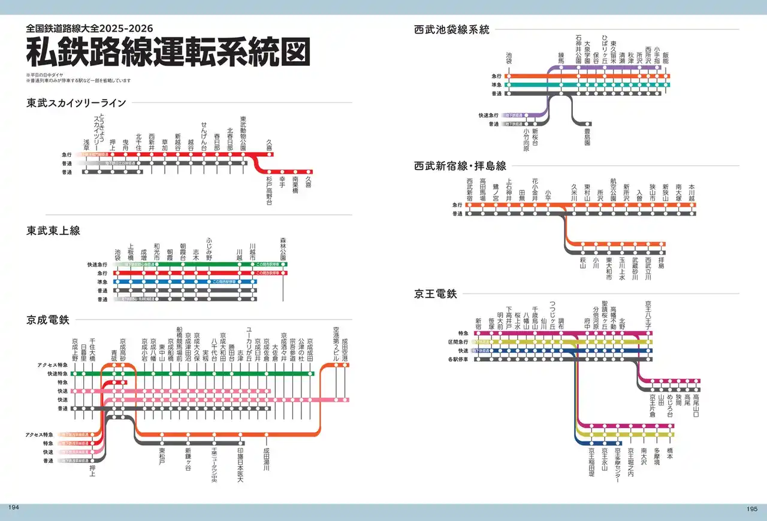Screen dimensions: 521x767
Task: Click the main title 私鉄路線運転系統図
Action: point(168,52)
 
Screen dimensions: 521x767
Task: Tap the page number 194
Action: point(13,507)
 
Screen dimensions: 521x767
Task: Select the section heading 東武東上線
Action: point(53,231)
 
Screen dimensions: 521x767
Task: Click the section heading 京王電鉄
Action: point(436,294)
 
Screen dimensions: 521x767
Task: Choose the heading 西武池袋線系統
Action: point(452,29)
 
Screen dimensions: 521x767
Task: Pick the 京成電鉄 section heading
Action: point(48,320)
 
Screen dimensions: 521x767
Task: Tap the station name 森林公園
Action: point(283,249)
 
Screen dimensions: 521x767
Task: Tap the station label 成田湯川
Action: point(266,462)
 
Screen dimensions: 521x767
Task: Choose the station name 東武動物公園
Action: point(243,133)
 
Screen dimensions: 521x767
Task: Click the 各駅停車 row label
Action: point(460,359)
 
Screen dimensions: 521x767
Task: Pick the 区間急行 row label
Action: point(460,342)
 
